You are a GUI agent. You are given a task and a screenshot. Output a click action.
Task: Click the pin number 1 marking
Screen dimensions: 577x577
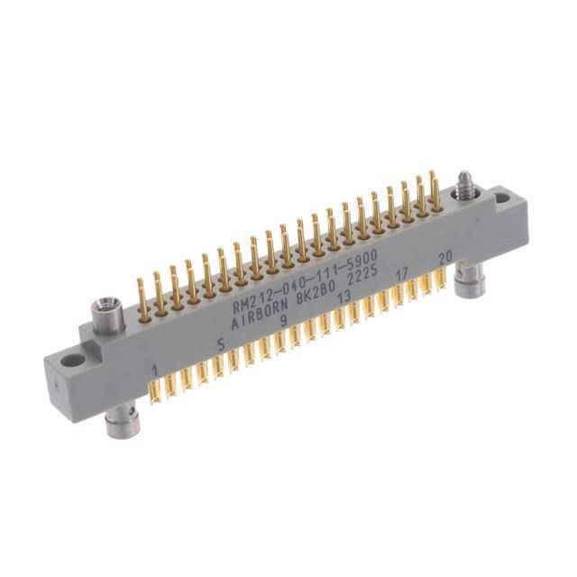pyautogui.click(x=158, y=371)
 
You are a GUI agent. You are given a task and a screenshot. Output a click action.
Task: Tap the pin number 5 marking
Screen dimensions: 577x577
pyautogui.click(x=221, y=343)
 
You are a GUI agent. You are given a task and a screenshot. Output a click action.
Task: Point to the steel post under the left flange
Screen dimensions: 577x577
pyautogui.click(x=121, y=422)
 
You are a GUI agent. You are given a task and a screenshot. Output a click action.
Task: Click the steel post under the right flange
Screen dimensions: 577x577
pyautogui.click(x=470, y=283)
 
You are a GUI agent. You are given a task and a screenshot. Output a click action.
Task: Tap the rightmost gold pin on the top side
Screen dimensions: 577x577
pyautogui.click(x=435, y=189)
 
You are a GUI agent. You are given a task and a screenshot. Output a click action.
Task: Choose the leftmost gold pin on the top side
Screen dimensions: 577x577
pyautogui.click(x=143, y=298)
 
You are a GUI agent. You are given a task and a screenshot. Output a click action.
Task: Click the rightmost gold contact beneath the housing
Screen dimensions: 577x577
pyautogui.click(x=444, y=280)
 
